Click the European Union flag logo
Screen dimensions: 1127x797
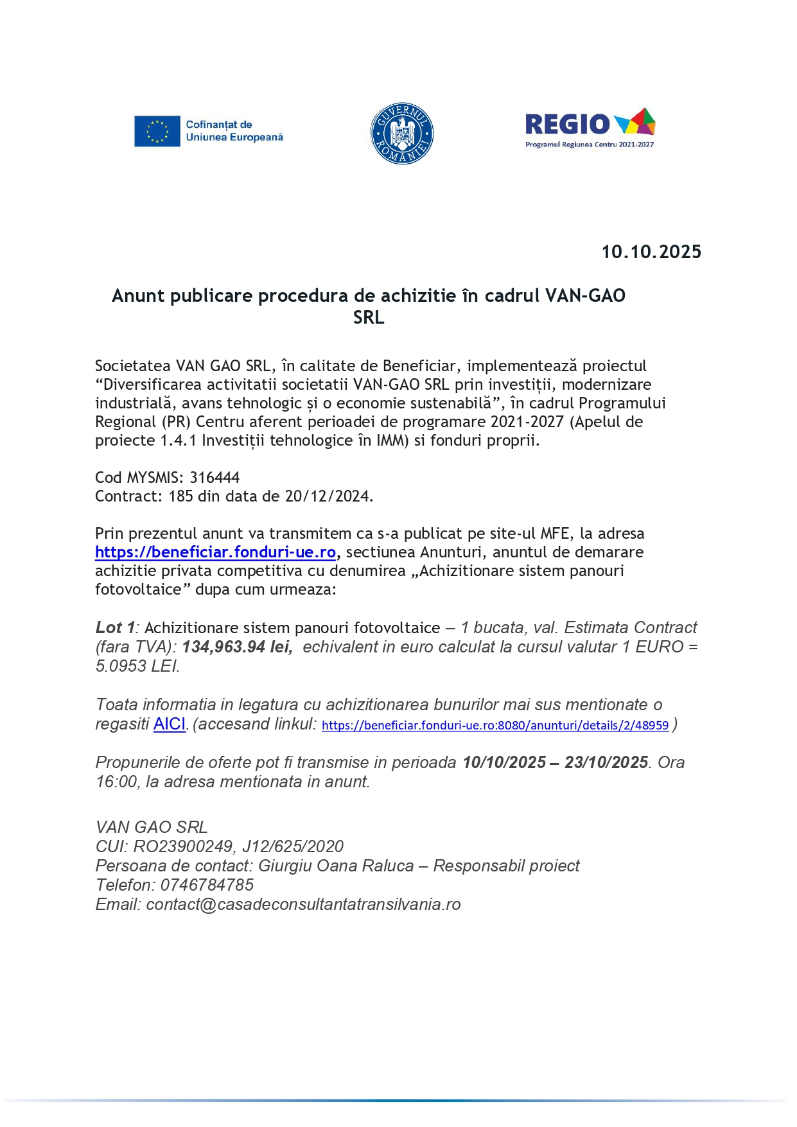coord(157,131)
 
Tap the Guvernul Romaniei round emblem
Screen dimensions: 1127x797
coord(402,134)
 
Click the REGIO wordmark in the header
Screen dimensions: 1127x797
coord(567,124)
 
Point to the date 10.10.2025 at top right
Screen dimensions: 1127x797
coord(651,252)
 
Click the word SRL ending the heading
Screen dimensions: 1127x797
coord(369,318)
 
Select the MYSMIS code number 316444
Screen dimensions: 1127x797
coord(215,478)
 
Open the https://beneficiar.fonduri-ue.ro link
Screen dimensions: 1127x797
coord(215,552)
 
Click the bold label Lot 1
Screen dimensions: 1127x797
coord(115,628)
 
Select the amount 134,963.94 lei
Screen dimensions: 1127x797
coord(237,647)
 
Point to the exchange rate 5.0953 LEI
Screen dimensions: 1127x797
coord(137,667)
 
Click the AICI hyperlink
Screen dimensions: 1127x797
coord(170,724)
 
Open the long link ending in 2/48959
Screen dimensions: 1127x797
coord(495,726)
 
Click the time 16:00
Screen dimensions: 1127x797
coord(116,782)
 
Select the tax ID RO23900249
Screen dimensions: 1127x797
coord(183,847)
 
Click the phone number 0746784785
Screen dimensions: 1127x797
coord(207,886)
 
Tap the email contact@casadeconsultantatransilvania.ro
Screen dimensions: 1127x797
coord(303,905)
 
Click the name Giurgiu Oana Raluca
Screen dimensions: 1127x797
coord(336,866)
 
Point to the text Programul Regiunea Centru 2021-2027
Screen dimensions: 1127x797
coord(589,144)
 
